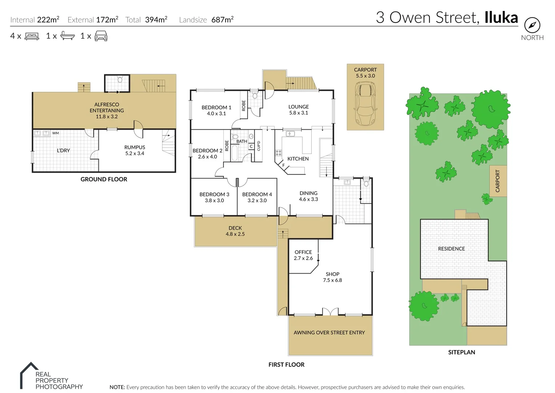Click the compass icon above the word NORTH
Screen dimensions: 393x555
532,25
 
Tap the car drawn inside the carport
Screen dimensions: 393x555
365,104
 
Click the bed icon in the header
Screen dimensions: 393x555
32,36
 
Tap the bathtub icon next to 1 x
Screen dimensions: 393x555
67,36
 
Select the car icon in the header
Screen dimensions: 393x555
101,36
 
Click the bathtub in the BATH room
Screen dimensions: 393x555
235,153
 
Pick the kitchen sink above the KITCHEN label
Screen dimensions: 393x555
290,134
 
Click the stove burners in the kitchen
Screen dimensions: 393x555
279,153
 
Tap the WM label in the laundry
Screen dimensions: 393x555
55,133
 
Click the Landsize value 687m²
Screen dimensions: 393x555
222,20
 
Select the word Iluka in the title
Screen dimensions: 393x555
501,17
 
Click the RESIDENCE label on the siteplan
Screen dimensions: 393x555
451,249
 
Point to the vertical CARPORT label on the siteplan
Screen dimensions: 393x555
498,181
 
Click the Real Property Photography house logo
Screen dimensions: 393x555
29,375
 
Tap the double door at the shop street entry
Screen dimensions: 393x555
330,312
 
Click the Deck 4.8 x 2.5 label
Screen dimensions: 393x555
235,231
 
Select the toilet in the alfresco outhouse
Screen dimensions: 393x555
120,79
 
